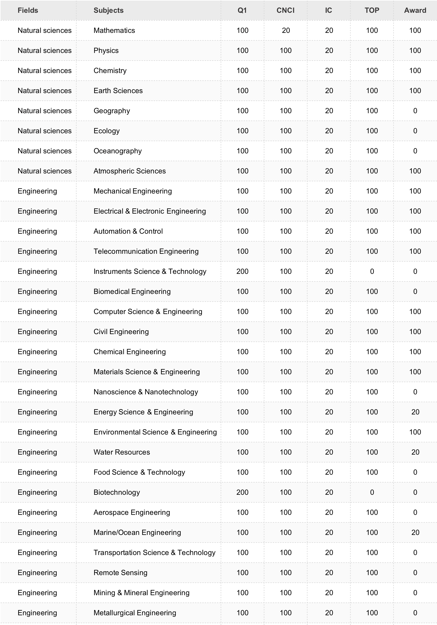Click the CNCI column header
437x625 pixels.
click(285, 10)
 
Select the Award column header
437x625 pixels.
click(415, 10)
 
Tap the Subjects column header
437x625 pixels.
click(109, 10)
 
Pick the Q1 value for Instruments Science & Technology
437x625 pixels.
click(242, 271)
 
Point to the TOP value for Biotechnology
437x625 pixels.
click(372, 492)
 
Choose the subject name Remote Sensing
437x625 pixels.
click(121, 572)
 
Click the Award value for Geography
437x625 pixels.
click(415, 111)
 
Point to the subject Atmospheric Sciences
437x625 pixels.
click(129, 171)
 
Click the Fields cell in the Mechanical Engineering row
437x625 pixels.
click(37, 191)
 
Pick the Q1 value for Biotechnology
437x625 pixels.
click(242, 492)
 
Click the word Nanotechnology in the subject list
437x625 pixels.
click(171, 392)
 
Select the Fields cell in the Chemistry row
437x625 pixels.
click(44, 71)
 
